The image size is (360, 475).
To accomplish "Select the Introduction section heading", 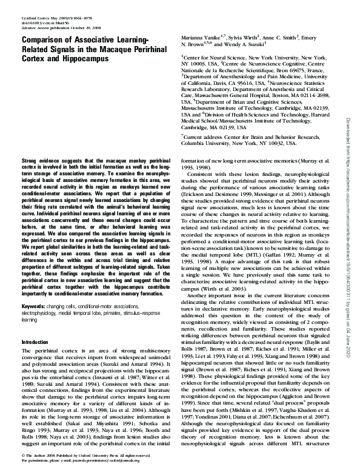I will (38, 343).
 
